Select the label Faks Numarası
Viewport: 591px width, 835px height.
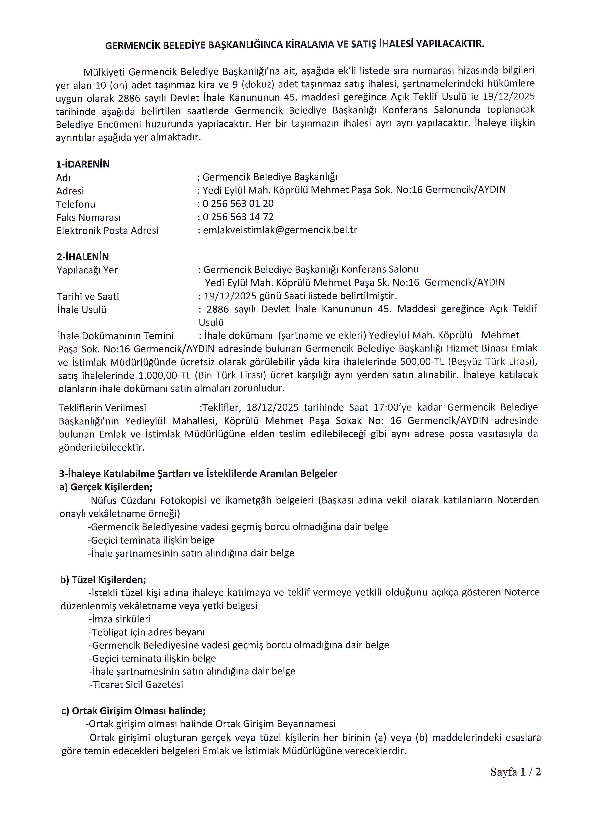coord(88,218)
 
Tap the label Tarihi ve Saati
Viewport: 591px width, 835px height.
coord(88,296)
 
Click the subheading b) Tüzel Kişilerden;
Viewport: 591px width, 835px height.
coord(103,579)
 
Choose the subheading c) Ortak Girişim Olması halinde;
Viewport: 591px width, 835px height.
coord(133,711)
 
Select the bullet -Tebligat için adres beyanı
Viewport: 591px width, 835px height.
coord(147,632)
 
